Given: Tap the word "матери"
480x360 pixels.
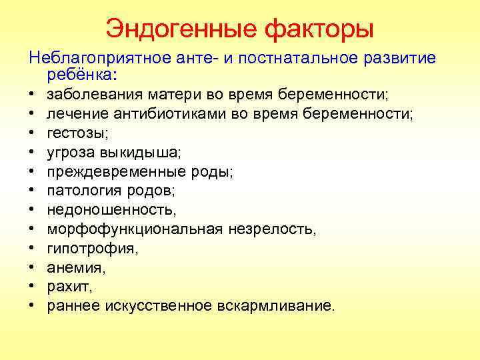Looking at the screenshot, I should point(160,95).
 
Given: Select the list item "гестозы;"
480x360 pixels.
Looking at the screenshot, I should point(74,133).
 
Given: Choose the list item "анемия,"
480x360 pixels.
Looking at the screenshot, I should point(77,268).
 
